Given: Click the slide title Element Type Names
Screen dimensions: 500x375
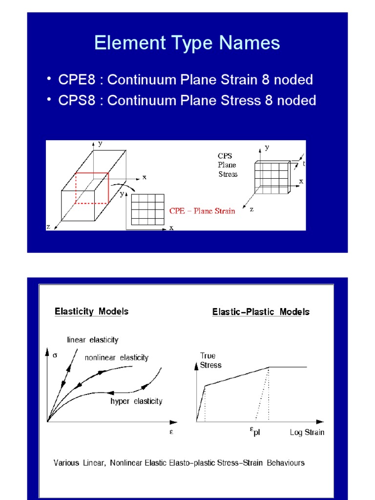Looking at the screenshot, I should click(x=187, y=43).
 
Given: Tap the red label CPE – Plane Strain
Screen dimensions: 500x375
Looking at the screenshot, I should click(x=202, y=211).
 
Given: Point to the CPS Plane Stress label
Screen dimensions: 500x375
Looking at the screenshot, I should click(x=228, y=165).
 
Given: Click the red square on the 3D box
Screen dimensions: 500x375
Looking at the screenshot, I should click(x=92, y=188).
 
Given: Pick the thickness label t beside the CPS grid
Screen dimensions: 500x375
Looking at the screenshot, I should click(x=303, y=164).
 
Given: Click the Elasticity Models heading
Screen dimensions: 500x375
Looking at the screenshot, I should click(x=91, y=312).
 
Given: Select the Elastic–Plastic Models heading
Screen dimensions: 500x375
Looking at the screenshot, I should click(x=261, y=312).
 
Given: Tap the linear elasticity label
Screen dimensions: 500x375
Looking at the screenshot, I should click(x=92, y=340).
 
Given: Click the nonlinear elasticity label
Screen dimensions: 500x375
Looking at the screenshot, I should click(x=117, y=358).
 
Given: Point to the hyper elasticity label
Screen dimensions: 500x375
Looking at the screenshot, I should click(x=136, y=401).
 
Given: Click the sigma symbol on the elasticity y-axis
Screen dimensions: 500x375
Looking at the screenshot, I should click(x=55, y=355).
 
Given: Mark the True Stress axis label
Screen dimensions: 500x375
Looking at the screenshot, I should click(x=210, y=360).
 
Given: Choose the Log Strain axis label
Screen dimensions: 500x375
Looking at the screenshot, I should click(x=307, y=433).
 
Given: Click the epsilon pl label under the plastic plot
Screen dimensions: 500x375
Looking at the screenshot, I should click(x=254, y=431).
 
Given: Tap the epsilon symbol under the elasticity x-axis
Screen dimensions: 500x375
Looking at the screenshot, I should click(x=171, y=432).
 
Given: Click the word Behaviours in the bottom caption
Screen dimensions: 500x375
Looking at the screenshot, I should click(x=286, y=462).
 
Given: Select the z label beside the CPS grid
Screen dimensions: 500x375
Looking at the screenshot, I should click(x=252, y=209).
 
